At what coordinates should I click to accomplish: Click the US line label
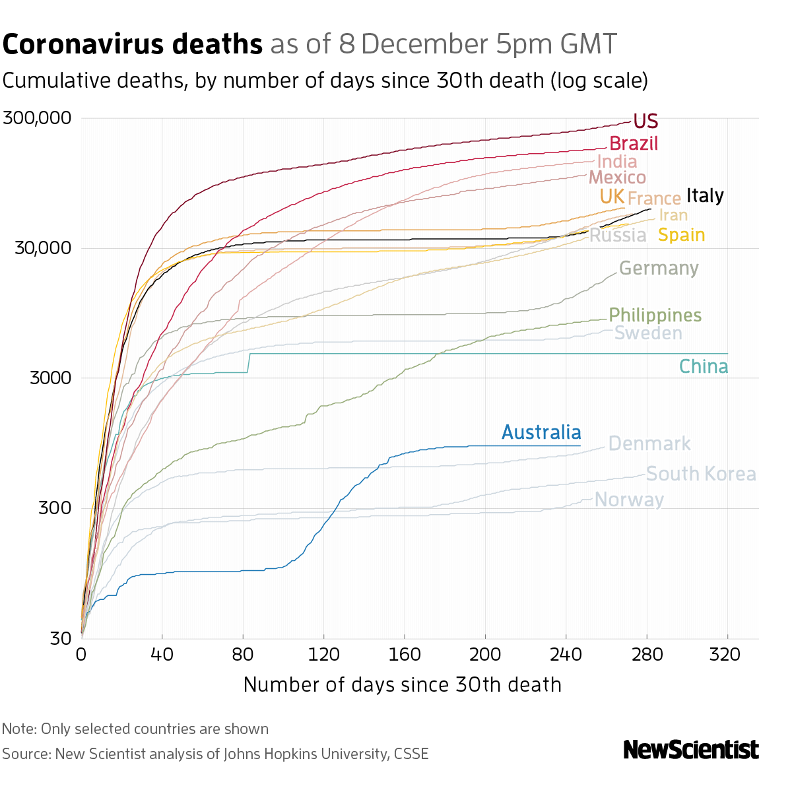point(645,121)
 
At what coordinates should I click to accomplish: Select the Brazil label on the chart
point(634,143)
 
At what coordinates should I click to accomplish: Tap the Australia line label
point(541,432)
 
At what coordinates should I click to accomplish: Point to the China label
point(704,367)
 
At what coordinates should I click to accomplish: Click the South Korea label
point(701,474)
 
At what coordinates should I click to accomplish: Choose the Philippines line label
point(655,315)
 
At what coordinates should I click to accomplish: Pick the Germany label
point(659,269)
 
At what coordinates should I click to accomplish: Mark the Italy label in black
point(705,195)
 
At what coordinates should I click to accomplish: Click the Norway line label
point(629,500)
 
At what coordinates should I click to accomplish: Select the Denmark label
point(649,444)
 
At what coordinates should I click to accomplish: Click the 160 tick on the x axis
point(405,654)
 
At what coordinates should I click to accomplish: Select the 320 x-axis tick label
point(728,654)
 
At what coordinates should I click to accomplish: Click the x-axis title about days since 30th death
point(402,684)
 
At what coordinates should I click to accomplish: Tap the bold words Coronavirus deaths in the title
point(133,45)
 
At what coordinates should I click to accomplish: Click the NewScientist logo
point(691,750)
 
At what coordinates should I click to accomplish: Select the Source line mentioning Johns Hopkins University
point(215,754)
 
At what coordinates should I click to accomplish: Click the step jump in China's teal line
point(249,363)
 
